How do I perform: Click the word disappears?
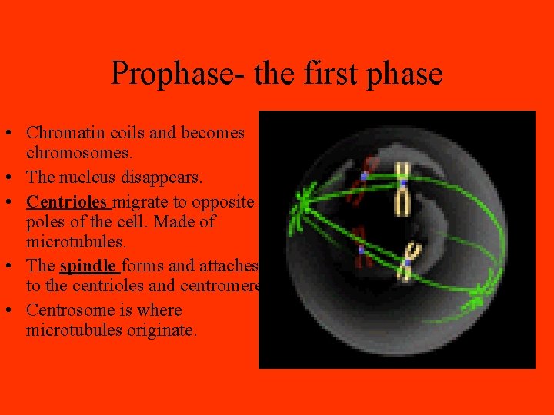point(165,178)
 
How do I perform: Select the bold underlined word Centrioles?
point(68,201)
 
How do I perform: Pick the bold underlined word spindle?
point(88,266)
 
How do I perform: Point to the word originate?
point(165,331)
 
